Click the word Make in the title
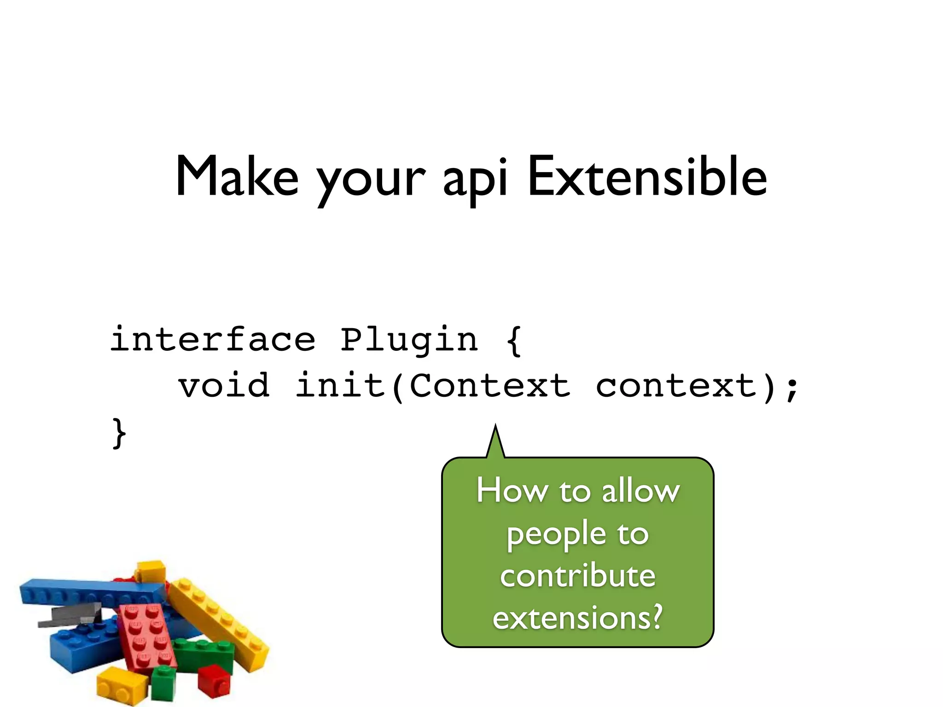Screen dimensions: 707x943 click(x=237, y=177)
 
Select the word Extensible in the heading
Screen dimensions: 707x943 click(x=647, y=177)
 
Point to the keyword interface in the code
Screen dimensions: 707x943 click(x=213, y=339)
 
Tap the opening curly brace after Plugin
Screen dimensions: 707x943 click(x=513, y=341)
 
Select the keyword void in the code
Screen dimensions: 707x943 click(x=224, y=386)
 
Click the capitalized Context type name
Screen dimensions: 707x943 click(x=490, y=386)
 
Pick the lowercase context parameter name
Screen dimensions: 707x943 click(x=676, y=386)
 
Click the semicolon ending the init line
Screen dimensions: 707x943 click(x=792, y=388)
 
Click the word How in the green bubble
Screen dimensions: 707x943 click(x=512, y=491)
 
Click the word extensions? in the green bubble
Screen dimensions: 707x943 click(x=577, y=618)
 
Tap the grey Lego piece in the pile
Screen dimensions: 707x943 click(x=74, y=614)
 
